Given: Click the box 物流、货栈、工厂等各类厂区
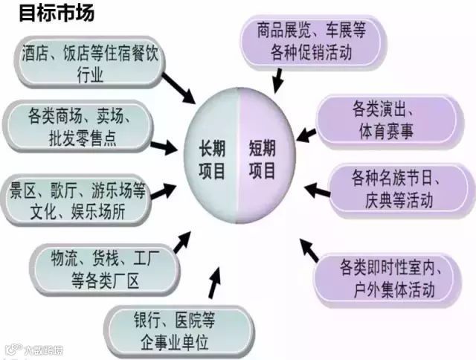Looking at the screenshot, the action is point(104,269).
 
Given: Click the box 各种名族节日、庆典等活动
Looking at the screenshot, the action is point(394,190).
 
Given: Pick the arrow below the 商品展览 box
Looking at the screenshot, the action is point(279,77).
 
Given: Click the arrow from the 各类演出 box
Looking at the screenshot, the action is point(306,134).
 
